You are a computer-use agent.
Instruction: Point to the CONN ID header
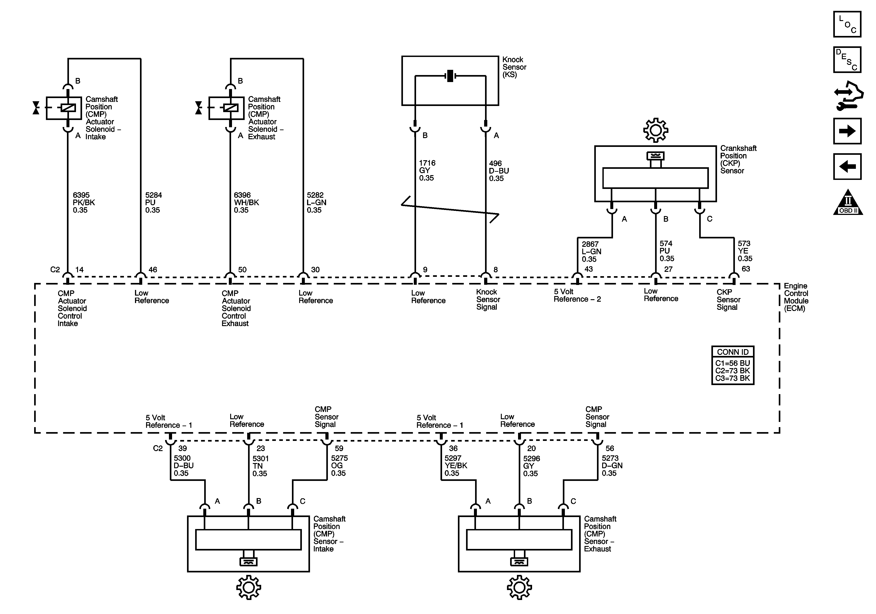pyautogui.click(x=733, y=352)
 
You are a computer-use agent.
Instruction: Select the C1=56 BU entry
pyautogui.click(x=733, y=363)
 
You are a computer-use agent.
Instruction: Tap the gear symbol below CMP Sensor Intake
pyautogui.click(x=248, y=587)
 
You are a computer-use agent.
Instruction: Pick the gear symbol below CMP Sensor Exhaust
pyautogui.click(x=519, y=587)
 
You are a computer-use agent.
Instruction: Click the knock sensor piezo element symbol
pyautogui.click(x=450, y=76)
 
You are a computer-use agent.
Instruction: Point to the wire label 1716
pyautogui.click(x=427, y=163)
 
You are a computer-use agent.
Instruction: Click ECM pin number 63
pyautogui.click(x=746, y=269)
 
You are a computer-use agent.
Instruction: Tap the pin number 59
pyautogui.click(x=339, y=449)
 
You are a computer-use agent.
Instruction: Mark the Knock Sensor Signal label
pyautogui.click(x=488, y=299)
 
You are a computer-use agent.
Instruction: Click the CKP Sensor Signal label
pyautogui.click(x=728, y=299)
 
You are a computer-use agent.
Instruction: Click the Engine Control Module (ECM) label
pyautogui.click(x=796, y=297)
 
